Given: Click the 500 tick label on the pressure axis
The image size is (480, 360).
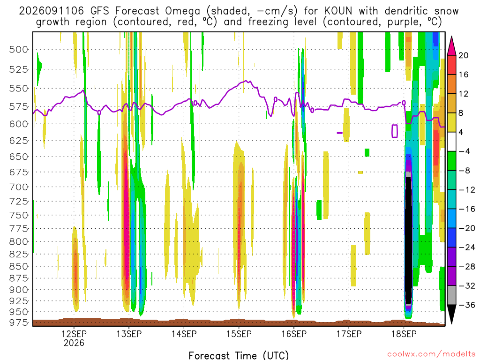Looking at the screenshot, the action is [x=18, y=50].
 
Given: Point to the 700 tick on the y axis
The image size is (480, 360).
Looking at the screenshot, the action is [x=18, y=187].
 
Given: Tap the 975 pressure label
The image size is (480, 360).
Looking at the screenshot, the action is [x=18, y=322].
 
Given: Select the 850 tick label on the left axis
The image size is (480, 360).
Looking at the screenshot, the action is [x=18, y=266].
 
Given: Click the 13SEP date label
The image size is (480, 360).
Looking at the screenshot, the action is [x=129, y=334].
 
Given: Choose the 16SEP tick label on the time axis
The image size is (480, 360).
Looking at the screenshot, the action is [x=294, y=334].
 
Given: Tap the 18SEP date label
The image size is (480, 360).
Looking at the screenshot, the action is [x=404, y=334].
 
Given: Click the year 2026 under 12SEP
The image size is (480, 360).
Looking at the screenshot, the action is [x=74, y=343].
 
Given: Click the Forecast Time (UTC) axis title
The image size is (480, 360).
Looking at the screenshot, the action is [x=239, y=355].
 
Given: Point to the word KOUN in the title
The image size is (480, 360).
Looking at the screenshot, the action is [x=338, y=11].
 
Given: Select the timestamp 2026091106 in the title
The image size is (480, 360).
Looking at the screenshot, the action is [x=51, y=11].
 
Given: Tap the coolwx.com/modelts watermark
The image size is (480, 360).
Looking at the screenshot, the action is [x=431, y=354].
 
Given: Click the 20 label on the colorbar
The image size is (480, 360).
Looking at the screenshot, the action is [x=463, y=55].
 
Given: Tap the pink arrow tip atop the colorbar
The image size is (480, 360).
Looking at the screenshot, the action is [x=451, y=37].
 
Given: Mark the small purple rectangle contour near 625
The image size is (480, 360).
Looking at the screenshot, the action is [x=395, y=131].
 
